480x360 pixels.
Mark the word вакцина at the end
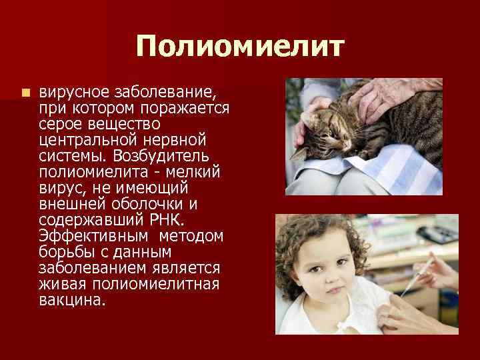point(72,301)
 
